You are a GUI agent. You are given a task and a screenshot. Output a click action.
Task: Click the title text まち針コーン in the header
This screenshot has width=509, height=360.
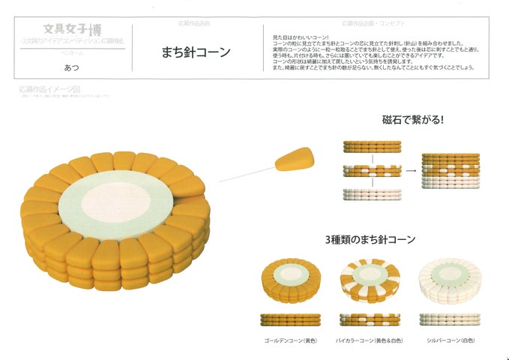[196, 52]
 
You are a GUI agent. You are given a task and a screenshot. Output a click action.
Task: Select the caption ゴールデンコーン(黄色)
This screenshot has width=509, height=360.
[290, 340]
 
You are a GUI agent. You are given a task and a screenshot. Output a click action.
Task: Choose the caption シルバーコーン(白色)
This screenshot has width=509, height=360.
[448, 340]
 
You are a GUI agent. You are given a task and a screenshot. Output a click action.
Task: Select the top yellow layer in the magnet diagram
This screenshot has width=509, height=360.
[371, 146]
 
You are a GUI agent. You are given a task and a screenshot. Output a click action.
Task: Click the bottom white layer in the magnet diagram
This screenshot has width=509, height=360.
[371, 193]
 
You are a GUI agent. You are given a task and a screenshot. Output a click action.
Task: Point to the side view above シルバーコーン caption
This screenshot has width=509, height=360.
[449, 319]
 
